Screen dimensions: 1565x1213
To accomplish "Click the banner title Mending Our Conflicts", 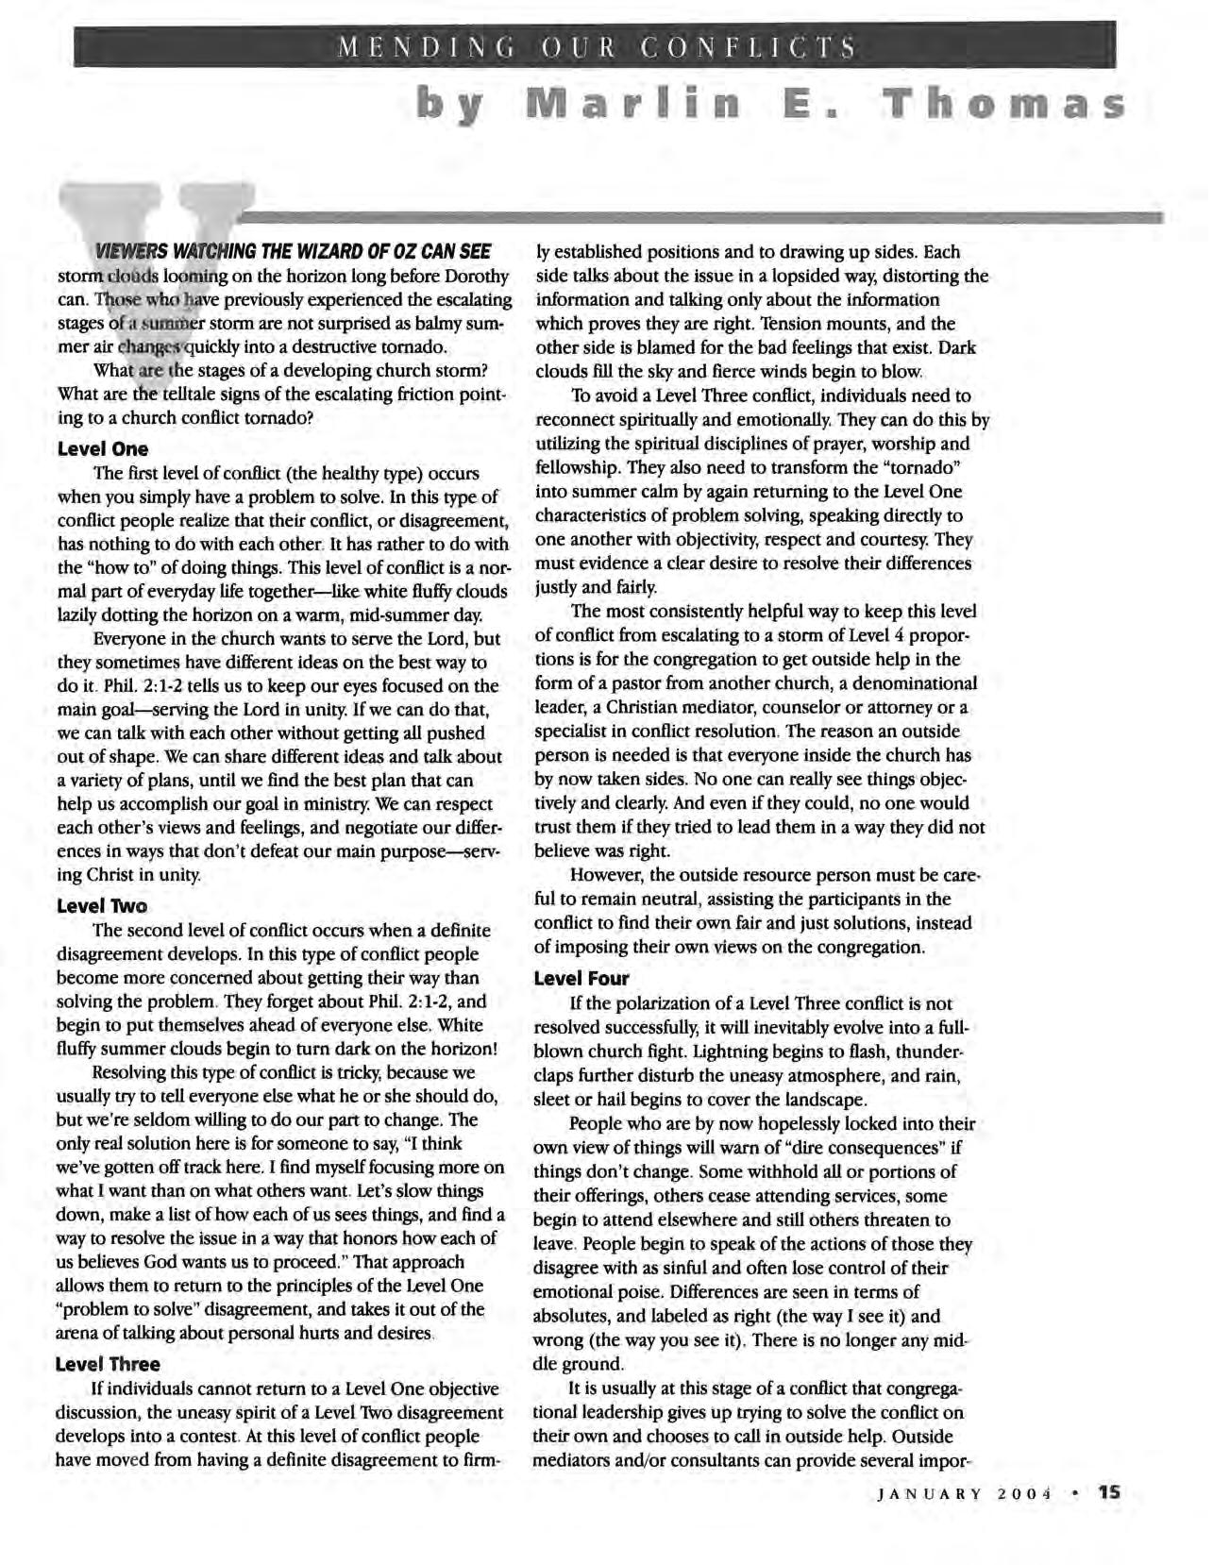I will (x=598, y=46).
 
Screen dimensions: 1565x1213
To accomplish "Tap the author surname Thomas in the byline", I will (x=1002, y=101).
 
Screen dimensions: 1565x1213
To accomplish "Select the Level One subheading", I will (x=103, y=448).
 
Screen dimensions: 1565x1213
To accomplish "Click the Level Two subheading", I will (x=102, y=906).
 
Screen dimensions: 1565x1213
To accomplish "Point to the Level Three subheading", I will (x=108, y=1364).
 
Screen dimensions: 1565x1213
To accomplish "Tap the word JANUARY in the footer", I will (x=930, y=1521).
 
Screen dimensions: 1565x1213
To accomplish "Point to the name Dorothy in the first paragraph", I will (x=474, y=277).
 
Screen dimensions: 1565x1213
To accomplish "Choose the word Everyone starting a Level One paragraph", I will (x=131, y=639).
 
